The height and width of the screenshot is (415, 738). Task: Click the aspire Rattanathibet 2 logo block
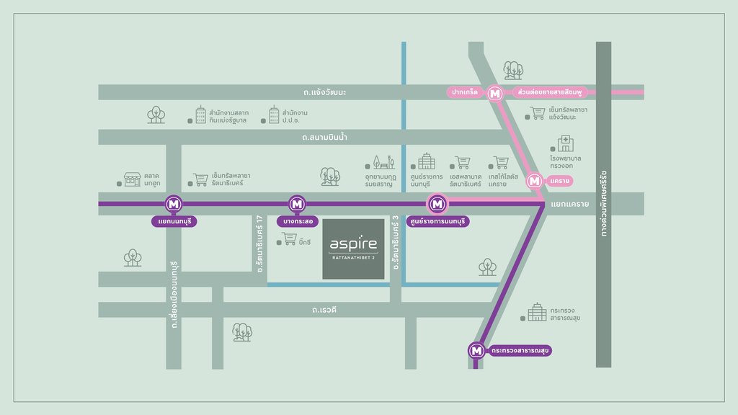coord(353,249)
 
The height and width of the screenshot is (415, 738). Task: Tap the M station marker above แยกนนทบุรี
coord(174,204)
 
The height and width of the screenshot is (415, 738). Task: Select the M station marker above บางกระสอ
coord(297,204)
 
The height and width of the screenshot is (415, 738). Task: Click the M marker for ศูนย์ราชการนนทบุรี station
coord(437,204)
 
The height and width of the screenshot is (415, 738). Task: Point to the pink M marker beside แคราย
coord(534,181)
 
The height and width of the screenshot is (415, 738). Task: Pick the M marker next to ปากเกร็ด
coord(494,94)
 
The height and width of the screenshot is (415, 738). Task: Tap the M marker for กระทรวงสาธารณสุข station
coord(476,351)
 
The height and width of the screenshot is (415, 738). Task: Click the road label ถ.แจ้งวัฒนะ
coord(325,92)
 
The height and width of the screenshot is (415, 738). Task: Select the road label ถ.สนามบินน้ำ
coord(325,138)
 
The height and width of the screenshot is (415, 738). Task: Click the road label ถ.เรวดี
coord(324,310)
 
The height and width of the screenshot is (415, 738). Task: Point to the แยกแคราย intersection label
coord(569,204)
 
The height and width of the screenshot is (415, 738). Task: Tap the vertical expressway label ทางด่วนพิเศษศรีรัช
coord(603,203)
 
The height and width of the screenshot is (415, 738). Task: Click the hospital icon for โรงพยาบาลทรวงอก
coord(565,143)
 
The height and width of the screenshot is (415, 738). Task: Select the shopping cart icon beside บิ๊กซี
coord(289,238)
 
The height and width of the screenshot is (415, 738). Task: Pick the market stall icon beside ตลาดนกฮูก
coord(133,179)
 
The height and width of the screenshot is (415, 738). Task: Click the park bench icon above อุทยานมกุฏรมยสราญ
coord(383,162)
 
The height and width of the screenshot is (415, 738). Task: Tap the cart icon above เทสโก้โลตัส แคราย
coord(501,163)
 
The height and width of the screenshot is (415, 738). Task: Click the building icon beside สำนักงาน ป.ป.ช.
coord(274,115)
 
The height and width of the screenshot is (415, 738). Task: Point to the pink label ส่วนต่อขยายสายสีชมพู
coord(549,92)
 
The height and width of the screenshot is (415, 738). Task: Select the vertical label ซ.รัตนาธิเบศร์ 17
coord(259,244)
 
